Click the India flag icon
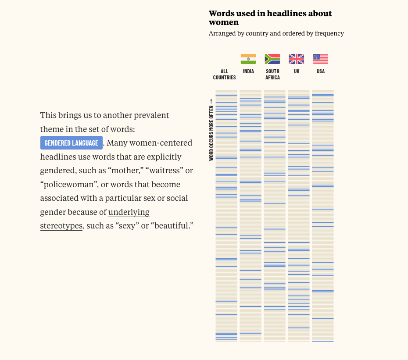(x=248, y=59)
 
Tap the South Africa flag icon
(x=272, y=59)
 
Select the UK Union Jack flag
(x=297, y=59)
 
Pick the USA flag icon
(x=321, y=59)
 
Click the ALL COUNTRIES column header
(x=224, y=75)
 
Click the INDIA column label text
(x=248, y=71)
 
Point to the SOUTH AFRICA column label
(x=272, y=75)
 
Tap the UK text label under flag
(x=297, y=71)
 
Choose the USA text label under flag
(x=321, y=71)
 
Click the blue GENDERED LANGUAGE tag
(x=72, y=143)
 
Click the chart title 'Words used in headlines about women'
(x=270, y=18)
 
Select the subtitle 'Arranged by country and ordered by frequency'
(x=276, y=33)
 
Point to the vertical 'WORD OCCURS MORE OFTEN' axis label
(x=211, y=130)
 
